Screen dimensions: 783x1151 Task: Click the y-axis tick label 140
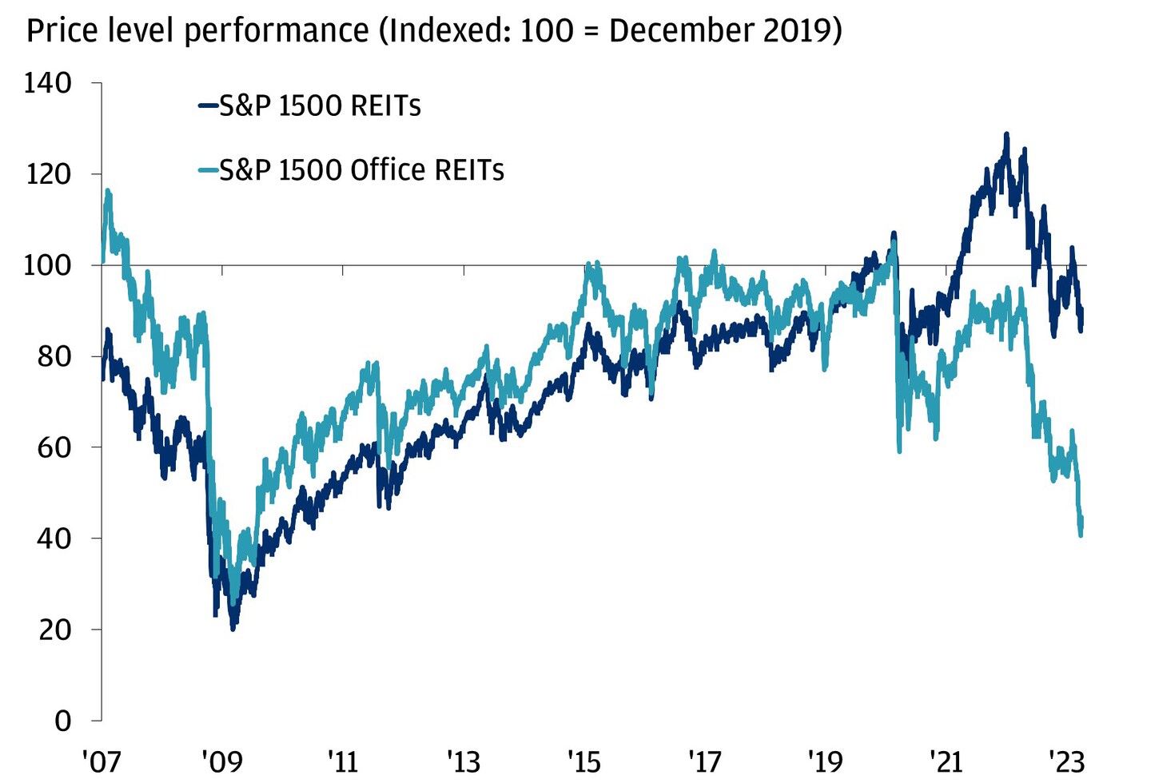click(x=48, y=83)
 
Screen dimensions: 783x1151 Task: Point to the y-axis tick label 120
click(x=48, y=174)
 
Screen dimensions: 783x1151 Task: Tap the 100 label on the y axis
click(x=48, y=265)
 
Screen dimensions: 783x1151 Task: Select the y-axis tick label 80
click(x=54, y=356)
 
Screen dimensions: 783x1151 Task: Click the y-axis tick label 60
click(x=54, y=447)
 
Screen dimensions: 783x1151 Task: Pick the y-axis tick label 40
click(x=54, y=539)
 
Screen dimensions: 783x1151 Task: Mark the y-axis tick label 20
click(x=54, y=630)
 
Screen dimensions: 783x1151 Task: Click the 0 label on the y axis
click(x=63, y=721)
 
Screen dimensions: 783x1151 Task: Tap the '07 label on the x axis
click(x=102, y=761)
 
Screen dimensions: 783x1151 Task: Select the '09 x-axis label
click(x=221, y=761)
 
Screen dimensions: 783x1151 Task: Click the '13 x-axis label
click(x=463, y=761)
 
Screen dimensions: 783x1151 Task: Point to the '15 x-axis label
click(x=583, y=761)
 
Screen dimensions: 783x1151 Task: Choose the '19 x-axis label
click(x=824, y=761)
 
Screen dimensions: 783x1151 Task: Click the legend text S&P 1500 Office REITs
click(x=361, y=170)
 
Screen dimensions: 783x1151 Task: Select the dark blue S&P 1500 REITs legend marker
click(x=208, y=105)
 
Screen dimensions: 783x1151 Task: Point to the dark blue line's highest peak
click(x=1006, y=134)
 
